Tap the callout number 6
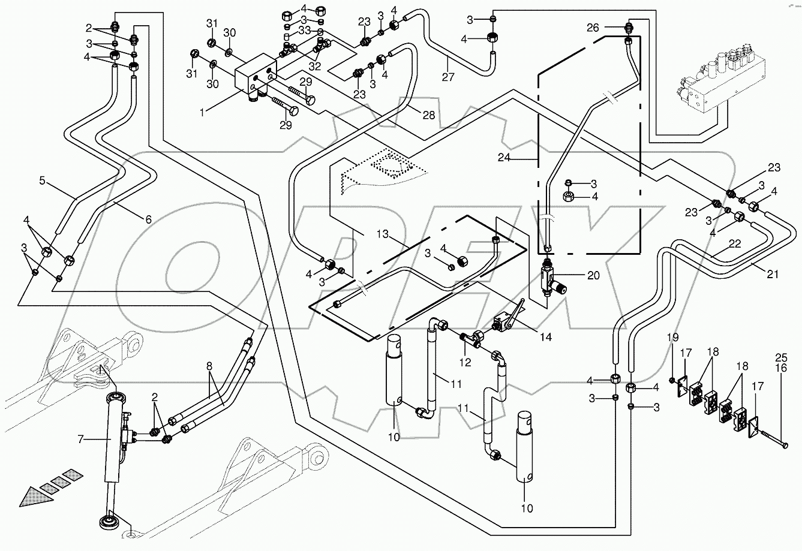(148, 219)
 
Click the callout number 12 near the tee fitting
(465, 363)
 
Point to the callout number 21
(773, 275)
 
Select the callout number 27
(448, 77)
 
